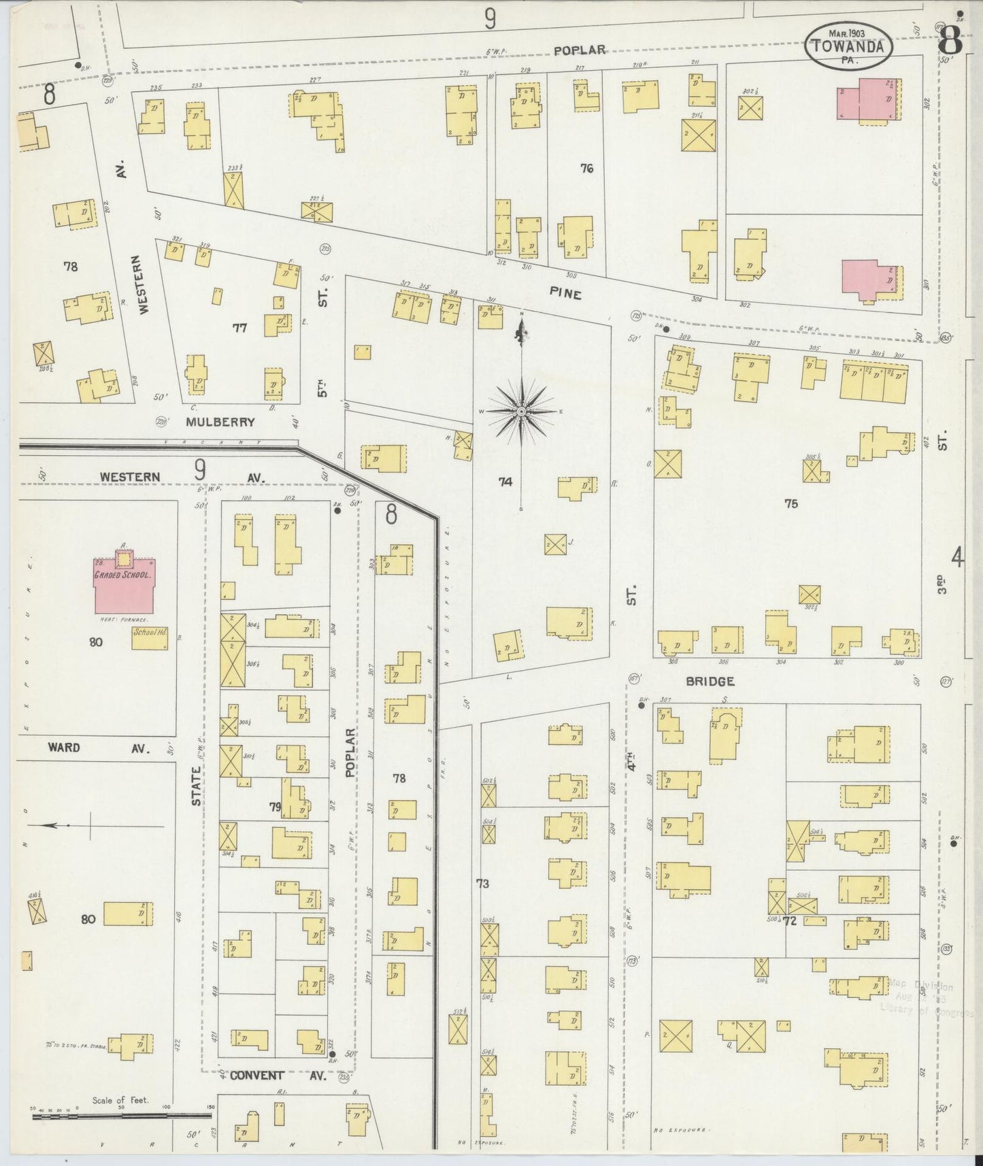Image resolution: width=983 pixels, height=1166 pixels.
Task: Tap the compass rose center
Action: [521, 412]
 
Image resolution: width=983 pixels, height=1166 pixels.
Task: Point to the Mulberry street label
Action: [220, 422]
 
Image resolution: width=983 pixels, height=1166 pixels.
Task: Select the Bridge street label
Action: [710, 681]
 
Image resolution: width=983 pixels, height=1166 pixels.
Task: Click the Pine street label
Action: [566, 294]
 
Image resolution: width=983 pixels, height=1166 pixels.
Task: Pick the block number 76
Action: [586, 168]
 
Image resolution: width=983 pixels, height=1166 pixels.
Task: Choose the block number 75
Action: [790, 503]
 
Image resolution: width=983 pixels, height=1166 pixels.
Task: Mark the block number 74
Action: [505, 482]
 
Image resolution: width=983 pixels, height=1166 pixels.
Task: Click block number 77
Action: [239, 328]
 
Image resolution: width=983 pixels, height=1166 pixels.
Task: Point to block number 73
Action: [482, 884]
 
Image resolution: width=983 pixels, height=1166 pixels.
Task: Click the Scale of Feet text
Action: [120, 1100]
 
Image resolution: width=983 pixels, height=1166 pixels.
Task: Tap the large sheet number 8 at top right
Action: [950, 43]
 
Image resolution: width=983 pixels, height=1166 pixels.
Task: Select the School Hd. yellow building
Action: [150, 637]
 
